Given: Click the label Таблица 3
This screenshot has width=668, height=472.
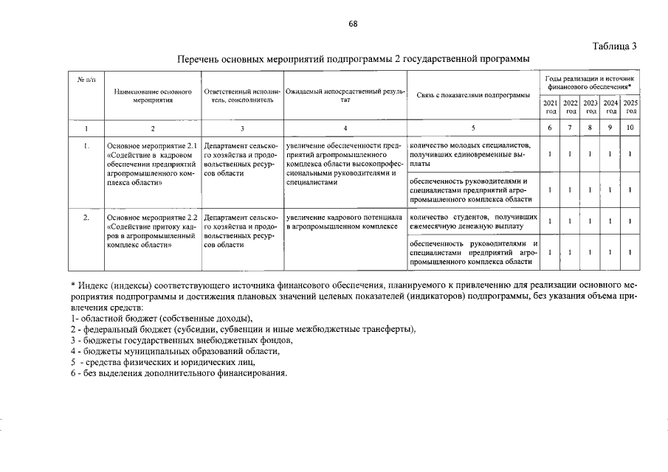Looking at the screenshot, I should (x=614, y=46).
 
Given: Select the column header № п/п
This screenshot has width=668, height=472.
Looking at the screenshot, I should (x=86, y=78).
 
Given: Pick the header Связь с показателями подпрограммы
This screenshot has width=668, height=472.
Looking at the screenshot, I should (x=472, y=95).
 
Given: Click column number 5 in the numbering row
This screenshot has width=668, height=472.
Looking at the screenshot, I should (x=472, y=128).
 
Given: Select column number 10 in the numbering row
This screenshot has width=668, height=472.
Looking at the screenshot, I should (x=630, y=128).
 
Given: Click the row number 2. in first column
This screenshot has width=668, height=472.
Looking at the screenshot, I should (x=86, y=218).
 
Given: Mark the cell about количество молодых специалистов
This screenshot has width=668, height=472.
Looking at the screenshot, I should (x=472, y=154).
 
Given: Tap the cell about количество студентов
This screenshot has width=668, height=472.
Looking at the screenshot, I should (x=472, y=222).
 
